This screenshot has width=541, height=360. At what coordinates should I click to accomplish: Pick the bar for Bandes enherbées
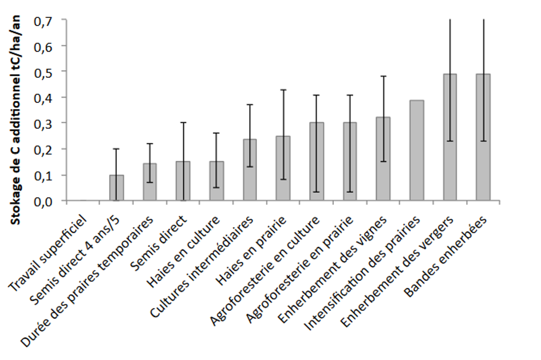pos(483,137)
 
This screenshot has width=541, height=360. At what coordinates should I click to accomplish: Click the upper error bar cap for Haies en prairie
pos(283,90)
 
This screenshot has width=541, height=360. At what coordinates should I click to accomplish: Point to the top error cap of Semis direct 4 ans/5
pos(116,149)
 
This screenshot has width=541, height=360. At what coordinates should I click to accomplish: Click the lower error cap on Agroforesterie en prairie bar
pos(350,192)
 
